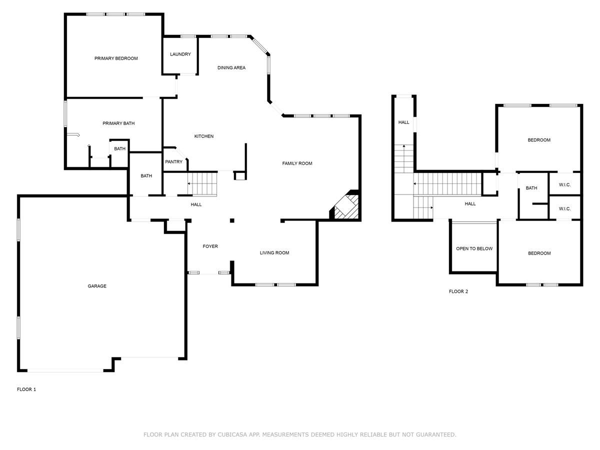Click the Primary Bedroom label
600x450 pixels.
(116, 58)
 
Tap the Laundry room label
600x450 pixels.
(180, 54)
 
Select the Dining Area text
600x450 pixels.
(231, 67)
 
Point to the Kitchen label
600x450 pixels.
(203, 136)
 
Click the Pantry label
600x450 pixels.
(173, 161)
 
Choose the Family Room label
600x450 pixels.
(297, 163)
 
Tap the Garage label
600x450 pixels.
(97, 286)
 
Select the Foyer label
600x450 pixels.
(210, 246)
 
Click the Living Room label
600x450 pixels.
(274, 252)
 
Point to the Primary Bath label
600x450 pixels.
(118, 123)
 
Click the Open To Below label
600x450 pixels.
(474, 248)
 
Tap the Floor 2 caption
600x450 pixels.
(458, 291)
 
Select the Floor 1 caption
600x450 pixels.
(26, 389)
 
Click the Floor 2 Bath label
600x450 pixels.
(531, 188)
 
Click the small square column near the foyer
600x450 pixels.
(232, 220)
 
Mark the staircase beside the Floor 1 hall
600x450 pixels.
(202, 184)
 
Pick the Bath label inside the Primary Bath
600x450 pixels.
(119, 148)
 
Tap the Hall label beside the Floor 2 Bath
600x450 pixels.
(470, 203)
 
